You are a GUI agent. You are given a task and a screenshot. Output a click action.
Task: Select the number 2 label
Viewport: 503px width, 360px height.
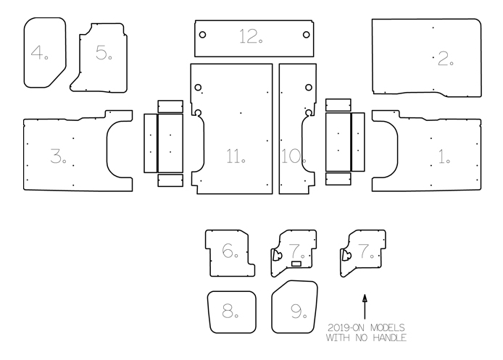tap(444, 59)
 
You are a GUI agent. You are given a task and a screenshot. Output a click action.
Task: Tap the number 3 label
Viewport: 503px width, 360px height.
tap(58, 155)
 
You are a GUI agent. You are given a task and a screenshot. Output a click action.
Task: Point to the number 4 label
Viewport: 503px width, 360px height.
tap(39, 53)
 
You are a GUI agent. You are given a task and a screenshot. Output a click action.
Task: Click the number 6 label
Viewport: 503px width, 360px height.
tap(230, 252)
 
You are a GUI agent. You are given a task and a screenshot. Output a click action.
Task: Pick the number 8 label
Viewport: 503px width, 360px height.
tap(231, 311)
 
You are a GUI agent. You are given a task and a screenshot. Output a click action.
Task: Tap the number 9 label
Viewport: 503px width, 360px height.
tap(297, 311)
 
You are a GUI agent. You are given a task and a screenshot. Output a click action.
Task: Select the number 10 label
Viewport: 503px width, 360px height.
tap(292, 155)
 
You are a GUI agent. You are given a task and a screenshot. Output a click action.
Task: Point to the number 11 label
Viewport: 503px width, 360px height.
tap(236, 155)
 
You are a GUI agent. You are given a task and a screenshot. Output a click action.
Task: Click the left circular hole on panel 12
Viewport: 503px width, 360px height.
tap(203, 35)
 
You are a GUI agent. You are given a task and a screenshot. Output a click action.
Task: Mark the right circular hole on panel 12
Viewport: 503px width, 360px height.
tap(307, 35)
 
